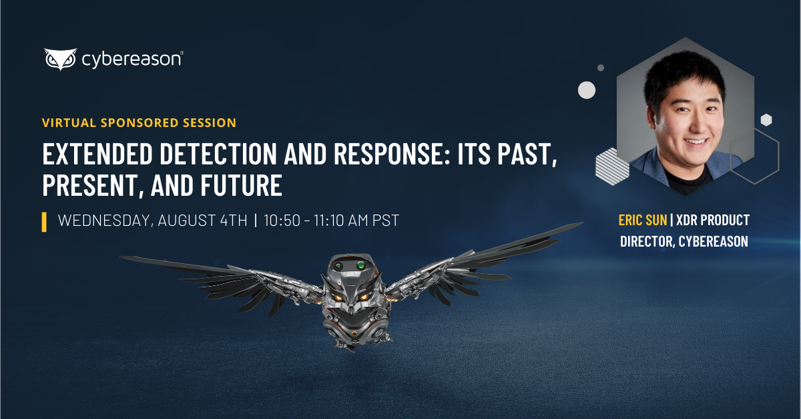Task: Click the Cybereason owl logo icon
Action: [x=61, y=59]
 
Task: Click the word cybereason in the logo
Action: [x=132, y=59]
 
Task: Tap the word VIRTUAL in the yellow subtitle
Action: [x=69, y=123]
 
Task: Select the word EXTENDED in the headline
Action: [x=97, y=154]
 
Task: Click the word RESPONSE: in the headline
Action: [x=392, y=154]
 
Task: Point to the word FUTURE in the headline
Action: [x=242, y=185]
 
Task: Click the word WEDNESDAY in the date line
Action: [x=105, y=221]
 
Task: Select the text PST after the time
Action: [x=386, y=221]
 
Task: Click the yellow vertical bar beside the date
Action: [x=44, y=222]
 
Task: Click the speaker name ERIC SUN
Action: [x=643, y=220]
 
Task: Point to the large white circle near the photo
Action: [x=587, y=90]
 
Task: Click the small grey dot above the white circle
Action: [x=601, y=67]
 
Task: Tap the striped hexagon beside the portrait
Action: [x=612, y=166]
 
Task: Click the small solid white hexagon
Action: [x=766, y=120]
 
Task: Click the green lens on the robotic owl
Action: [x=361, y=265]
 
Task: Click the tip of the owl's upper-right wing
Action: [x=582, y=223]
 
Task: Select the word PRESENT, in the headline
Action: [x=93, y=185]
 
